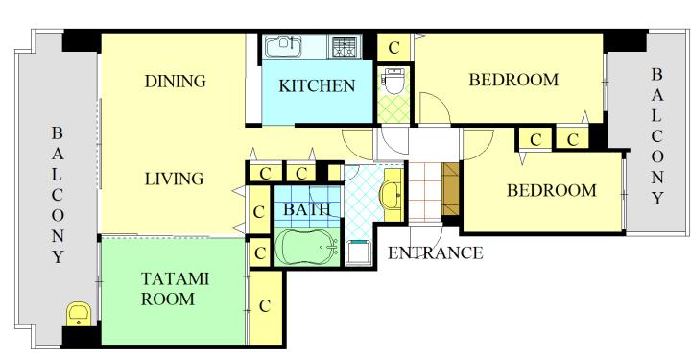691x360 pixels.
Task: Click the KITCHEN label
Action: [x=317, y=85]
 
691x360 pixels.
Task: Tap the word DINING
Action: [x=175, y=81]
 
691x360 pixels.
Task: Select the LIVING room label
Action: [x=175, y=179]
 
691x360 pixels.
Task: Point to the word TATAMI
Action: [x=175, y=279]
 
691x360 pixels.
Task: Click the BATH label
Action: [x=307, y=209]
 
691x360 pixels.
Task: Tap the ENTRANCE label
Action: [x=436, y=252]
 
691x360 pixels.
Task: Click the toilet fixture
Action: [x=393, y=81]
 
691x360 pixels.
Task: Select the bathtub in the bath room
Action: [x=307, y=247]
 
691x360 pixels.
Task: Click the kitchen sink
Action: [x=282, y=47]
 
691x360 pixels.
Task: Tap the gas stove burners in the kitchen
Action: [x=345, y=47]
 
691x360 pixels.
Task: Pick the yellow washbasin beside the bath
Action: [x=392, y=194]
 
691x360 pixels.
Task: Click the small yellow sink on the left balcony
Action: [x=79, y=314]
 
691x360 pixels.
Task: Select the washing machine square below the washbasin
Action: [x=358, y=252]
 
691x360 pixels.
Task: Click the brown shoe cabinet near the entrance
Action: [x=450, y=188]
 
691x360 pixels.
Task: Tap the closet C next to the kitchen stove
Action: [x=394, y=48]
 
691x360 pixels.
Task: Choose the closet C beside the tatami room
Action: [x=265, y=306]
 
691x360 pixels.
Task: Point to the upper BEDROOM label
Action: [x=513, y=80]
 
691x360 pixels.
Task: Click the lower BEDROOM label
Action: [x=551, y=190]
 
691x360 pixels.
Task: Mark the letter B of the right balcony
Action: [x=656, y=74]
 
